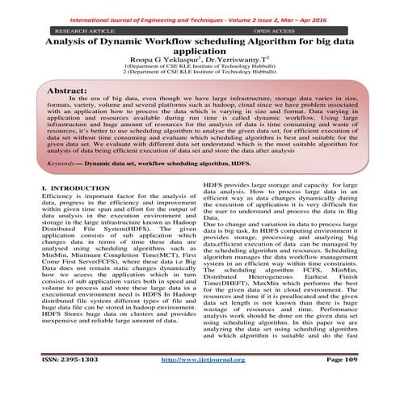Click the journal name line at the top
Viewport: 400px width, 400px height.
[200, 7]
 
